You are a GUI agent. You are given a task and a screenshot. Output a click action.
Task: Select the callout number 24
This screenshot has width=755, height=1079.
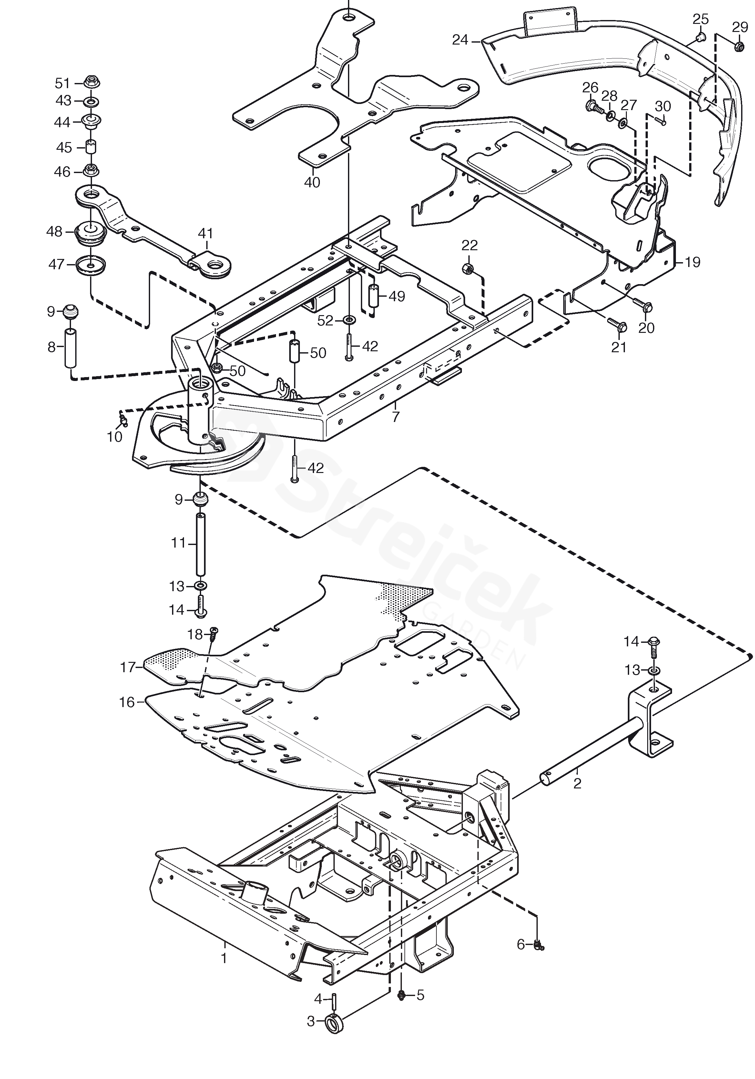coord(460,40)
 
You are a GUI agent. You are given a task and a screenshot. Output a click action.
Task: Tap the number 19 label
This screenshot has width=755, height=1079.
coord(692,262)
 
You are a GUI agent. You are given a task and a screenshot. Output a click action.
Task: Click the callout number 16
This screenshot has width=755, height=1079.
coord(127,702)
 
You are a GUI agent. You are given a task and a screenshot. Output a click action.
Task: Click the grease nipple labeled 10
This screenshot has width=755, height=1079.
coord(123,418)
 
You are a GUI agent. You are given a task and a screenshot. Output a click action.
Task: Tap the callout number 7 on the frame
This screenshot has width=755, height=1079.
coord(396,416)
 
